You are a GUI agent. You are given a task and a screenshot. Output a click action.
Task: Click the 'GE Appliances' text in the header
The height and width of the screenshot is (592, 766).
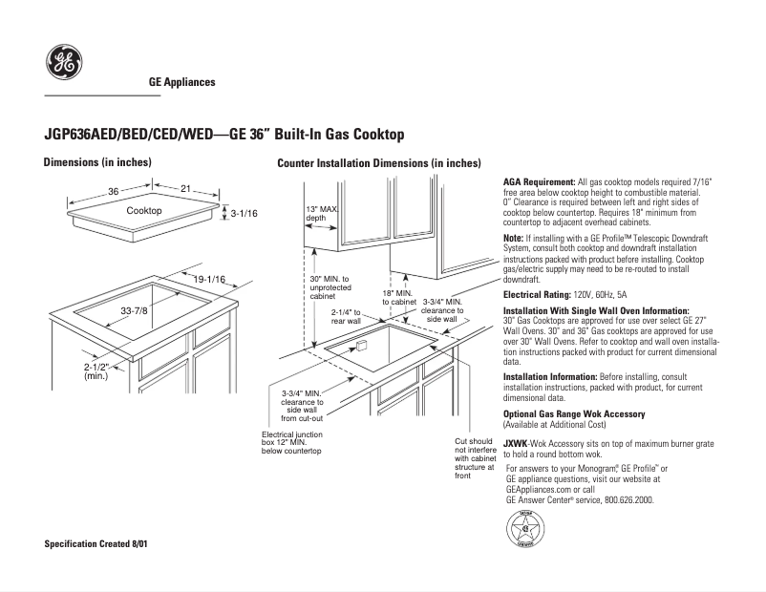[x=181, y=82]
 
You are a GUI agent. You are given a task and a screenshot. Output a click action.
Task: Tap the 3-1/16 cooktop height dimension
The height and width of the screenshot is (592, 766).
[x=245, y=214]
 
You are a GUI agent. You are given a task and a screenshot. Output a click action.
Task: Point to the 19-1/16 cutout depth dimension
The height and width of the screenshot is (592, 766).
[x=209, y=279]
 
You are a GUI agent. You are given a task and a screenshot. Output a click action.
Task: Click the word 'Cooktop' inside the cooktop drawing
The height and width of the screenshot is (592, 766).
[x=144, y=210]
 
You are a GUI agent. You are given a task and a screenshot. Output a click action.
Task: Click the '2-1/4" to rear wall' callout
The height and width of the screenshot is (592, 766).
[x=346, y=316]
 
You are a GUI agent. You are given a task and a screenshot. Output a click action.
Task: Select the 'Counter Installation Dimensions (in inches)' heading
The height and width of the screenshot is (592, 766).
[x=378, y=163]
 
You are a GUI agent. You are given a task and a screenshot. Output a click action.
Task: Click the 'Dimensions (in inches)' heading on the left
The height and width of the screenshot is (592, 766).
[x=97, y=162]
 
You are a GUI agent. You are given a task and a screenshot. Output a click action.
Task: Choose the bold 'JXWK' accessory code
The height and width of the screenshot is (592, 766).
[x=516, y=442]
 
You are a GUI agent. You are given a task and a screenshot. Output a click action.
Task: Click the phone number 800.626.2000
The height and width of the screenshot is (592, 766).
[x=623, y=499]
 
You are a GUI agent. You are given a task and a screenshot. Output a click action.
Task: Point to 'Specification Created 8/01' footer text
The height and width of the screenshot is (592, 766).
[x=96, y=543]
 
